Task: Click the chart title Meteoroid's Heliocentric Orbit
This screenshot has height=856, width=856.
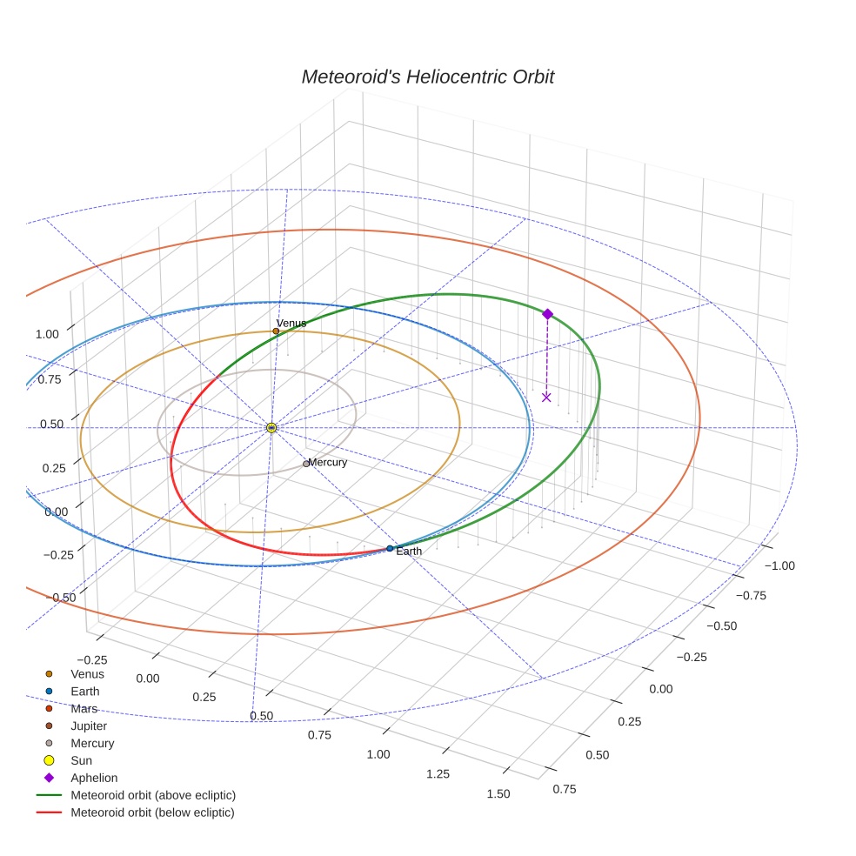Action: tap(427, 77)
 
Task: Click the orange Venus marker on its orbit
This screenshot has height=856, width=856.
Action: tap(276, 331)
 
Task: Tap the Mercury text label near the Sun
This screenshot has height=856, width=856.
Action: tap(328, 462)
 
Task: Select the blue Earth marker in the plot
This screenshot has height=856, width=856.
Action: tap(390, 548)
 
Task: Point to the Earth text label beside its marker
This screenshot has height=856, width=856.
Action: tap(409, 552)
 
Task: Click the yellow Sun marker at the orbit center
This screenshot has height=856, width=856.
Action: tap(271, 428)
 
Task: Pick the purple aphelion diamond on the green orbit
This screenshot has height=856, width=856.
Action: tap(547, 314)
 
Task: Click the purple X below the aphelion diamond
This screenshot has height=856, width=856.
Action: tap(546, 398)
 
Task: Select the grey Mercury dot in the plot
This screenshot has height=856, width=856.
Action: tap(306, 464)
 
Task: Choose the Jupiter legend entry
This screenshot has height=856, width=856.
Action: tap(89, 726)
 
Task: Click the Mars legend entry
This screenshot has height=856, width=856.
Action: tap(84, 708)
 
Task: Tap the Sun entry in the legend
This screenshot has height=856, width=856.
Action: tap(81, 760)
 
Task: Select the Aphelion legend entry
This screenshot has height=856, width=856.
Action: tap(94, 778)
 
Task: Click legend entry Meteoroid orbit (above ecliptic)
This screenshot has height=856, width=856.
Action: tap(153, 795)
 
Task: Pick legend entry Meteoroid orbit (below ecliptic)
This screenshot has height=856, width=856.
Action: tap(152, 813)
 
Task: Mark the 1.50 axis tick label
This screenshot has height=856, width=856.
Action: tap(498, 793)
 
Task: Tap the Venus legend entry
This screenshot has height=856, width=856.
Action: tap(87, 673)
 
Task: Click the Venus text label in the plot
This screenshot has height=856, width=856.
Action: tap(291, 323)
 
